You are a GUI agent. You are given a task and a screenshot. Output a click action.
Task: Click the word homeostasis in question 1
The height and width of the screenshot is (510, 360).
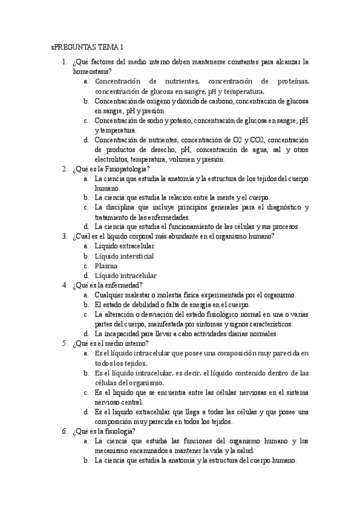coord(90,71)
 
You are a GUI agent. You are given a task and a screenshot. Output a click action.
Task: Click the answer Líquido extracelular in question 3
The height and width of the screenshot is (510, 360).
coord(124,246)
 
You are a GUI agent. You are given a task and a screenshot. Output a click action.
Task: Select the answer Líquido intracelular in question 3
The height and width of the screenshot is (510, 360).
coord(126,275)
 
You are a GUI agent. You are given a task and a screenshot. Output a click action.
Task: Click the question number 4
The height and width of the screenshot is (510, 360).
coord(64,284)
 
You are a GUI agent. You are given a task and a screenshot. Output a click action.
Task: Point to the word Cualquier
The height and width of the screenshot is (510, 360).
coord(111,295)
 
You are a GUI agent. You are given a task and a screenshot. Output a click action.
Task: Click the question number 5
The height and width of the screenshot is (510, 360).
coord(64,343)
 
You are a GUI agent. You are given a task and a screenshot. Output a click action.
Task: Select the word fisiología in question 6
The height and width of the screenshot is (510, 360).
coord(122,431)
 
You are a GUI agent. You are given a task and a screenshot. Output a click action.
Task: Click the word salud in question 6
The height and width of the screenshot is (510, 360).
coord(245,450)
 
